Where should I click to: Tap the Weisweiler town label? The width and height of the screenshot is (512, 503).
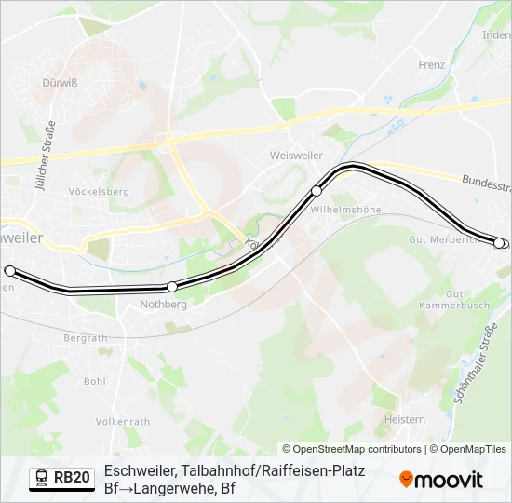coord(294,155)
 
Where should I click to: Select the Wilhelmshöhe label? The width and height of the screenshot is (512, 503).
coord(346,210)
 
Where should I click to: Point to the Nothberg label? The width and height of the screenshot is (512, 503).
coord(163,304)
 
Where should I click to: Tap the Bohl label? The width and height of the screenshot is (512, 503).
coord(94,381)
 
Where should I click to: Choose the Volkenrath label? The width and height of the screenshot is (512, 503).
coord(123,421)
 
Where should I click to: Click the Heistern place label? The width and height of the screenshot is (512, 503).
coord(405,420)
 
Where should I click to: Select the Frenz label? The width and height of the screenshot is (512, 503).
coord(432,65)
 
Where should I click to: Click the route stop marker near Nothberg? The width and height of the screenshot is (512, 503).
coord(172,287)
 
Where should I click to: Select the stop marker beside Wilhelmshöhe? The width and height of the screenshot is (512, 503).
coord(317,191)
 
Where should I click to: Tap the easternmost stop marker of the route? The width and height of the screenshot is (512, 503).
coord(499,243)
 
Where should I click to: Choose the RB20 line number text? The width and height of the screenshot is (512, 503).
coord(72,478)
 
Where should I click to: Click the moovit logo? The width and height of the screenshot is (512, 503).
coord(441,480)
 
